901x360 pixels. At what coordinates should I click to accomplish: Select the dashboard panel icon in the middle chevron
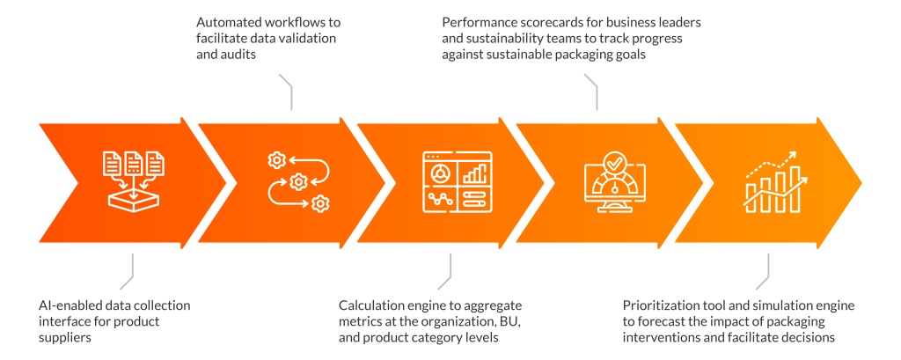point(458,181)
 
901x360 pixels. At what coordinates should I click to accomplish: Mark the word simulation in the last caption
point(780,305)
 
